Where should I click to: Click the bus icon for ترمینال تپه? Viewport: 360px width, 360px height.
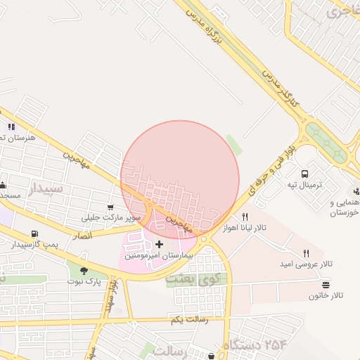(304, 174)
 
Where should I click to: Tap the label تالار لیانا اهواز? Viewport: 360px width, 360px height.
(243, 230)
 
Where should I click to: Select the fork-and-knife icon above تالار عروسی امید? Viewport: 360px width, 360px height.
(306, 252)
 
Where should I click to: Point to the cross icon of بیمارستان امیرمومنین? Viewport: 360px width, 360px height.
(160, 245)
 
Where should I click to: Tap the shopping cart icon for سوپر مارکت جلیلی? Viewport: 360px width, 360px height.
(110, 207)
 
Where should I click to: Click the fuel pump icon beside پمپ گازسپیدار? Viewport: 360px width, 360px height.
(34, 233)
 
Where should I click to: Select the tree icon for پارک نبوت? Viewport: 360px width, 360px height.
(84, 270)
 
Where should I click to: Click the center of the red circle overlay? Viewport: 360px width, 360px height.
(180, 179)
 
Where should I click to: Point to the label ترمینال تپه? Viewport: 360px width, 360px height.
(304, 185)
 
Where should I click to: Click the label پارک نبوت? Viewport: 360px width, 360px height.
(84, 281)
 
